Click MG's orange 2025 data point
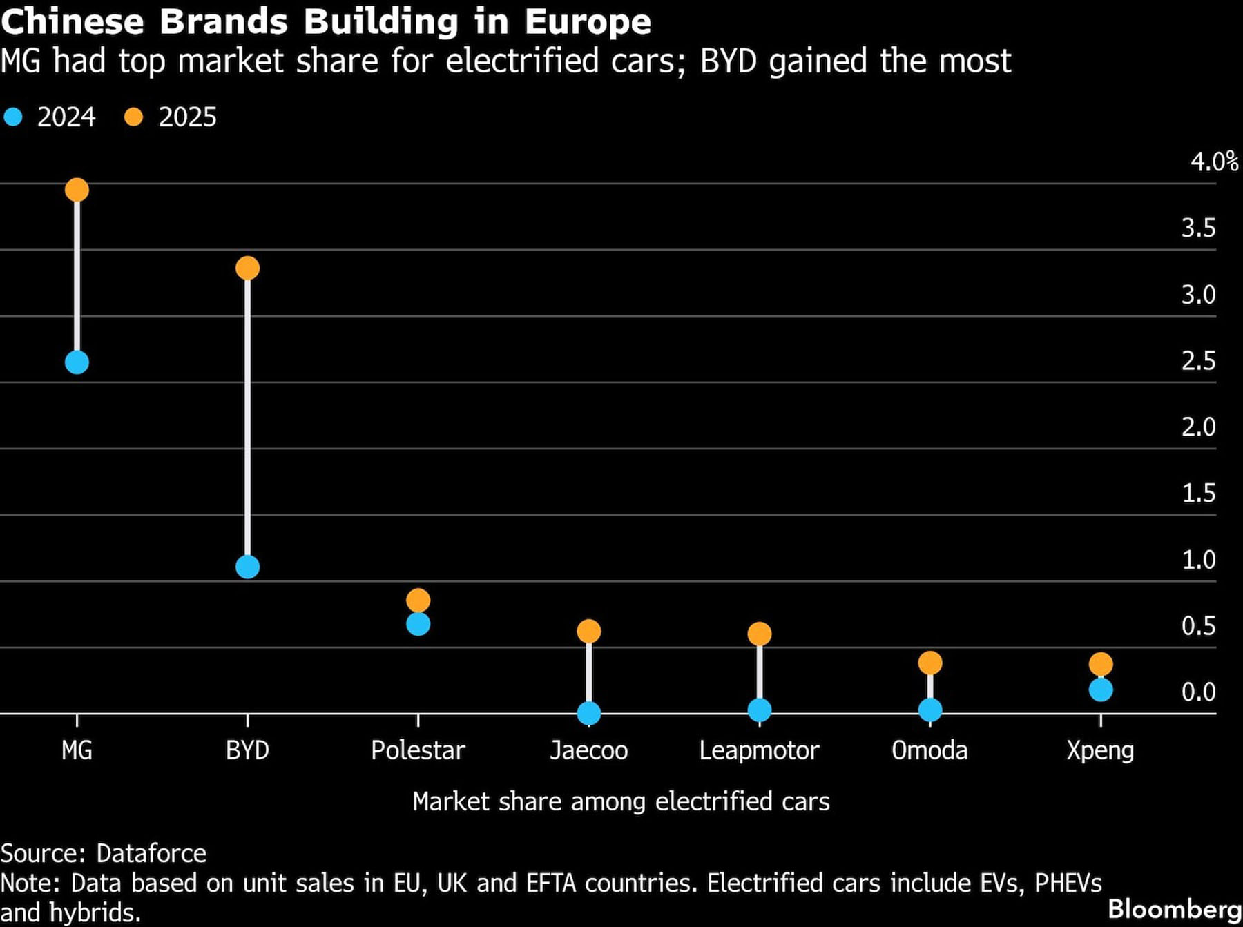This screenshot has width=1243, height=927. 77,190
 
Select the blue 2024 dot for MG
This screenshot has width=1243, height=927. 77,362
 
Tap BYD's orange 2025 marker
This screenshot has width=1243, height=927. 247,268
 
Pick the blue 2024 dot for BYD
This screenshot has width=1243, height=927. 247,567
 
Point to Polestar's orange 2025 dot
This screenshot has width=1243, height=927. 418,600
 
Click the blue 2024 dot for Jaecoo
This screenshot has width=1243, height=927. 588,713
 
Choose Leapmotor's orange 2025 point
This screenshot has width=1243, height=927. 759,634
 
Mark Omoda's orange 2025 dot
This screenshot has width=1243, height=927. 929,663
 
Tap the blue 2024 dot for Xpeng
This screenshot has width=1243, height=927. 1100,690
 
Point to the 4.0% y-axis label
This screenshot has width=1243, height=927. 1213,162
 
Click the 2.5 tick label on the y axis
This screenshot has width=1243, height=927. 1198,361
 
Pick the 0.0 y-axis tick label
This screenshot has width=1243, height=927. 1198,692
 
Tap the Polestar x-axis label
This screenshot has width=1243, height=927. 418,750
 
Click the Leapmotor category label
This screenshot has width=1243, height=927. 759,750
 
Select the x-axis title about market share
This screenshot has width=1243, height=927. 621,802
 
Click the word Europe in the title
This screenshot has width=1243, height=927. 588,22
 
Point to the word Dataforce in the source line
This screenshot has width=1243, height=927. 151,854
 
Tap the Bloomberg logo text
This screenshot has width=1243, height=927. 1175,909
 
